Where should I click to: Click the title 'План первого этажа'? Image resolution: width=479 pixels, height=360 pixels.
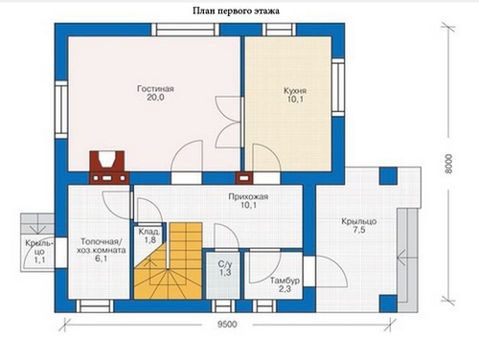point(236,11)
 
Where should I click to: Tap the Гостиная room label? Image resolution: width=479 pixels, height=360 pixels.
point(155,88)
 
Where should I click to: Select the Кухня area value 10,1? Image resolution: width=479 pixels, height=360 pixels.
point(295,100)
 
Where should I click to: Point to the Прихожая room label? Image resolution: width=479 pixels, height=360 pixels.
point(248,196)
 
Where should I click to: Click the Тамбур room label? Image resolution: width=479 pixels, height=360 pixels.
point(285,281)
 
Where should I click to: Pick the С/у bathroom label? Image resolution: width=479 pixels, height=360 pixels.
point(225,264)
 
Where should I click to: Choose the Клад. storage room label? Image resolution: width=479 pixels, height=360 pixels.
point(149,232)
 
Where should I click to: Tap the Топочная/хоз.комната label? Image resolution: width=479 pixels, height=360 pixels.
point(101,246)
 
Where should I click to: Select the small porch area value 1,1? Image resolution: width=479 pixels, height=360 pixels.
point(40,260)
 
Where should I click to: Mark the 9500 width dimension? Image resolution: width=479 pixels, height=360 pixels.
point(227,325)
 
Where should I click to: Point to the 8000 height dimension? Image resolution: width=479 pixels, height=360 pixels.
point(448,164)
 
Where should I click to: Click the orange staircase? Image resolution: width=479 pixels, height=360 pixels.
point(168,261)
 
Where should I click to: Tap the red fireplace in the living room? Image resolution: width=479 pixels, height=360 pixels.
point(109,168)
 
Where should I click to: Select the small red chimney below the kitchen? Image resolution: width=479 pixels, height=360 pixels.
point(244,178)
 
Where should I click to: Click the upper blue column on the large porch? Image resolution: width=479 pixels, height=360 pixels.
point(388,176)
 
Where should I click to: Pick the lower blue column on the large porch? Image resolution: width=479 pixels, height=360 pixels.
point(388,304)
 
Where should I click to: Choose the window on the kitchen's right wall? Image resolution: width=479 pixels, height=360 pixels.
point(338,87)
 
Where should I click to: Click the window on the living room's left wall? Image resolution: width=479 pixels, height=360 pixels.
point(61,110)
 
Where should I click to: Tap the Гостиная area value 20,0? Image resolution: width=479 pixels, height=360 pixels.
point(155,98)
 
